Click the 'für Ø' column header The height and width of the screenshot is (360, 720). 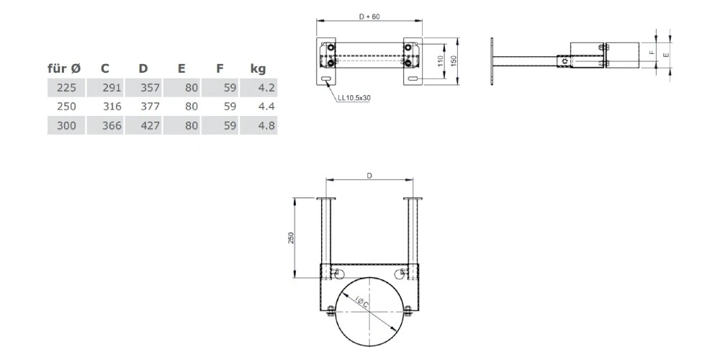pyautogui.click(x=64, y=69)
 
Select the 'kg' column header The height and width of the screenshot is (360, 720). pyautogui.click(x=258, y=69)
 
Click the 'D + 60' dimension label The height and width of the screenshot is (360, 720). pyautogui.click(x=369, y=16)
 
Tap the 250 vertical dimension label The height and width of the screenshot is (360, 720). pyautogui.click(x=290, y=238)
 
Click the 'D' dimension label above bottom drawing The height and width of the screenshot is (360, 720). pyautogui.click(x=370, y=174)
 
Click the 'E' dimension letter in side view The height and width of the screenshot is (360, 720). pyautogui.click(x=666, y=53)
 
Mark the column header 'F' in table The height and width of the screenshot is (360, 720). pyautogui.click(x=219, y=69)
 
